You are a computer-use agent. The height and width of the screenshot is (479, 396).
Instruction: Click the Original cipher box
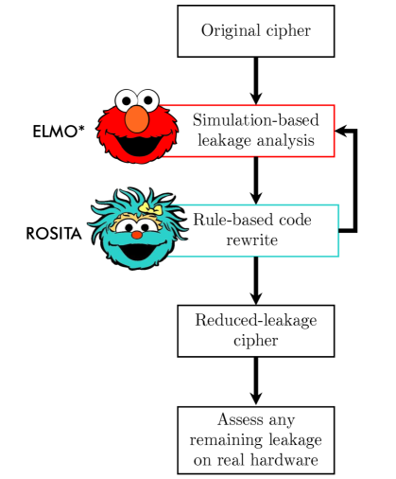(255, 29)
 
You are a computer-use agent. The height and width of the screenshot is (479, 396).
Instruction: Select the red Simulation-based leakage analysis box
(255, 131)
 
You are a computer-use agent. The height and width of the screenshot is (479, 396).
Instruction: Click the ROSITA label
(50, 231)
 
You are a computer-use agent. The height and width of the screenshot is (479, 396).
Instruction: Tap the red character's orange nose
(137, 118)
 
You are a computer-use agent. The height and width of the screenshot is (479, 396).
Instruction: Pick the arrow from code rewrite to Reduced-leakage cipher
(255, 280)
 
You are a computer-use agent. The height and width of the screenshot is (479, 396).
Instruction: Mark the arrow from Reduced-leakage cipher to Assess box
(255, 381)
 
